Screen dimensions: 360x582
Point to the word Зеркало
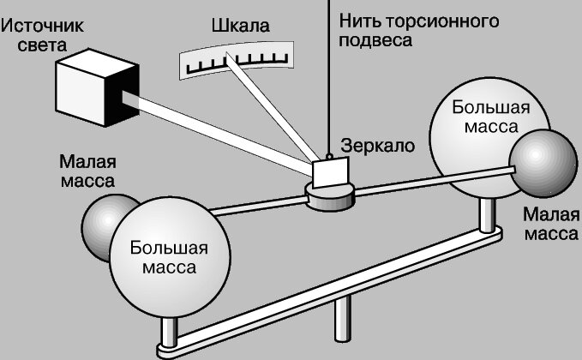[x=378, y=146]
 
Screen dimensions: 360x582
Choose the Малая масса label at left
[x=87, y=171]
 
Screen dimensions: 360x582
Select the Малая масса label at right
[x=549, y=223]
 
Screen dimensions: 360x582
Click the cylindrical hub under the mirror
[x=331, y=199]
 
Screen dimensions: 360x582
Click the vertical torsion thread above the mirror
[x=330, y=77]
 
